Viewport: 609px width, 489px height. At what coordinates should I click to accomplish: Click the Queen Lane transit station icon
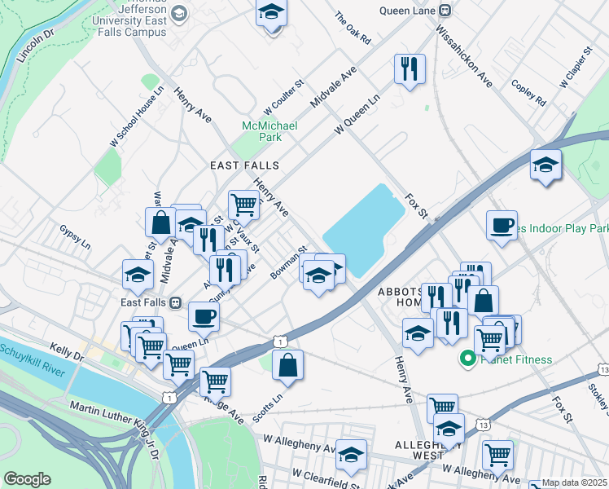point(444,11)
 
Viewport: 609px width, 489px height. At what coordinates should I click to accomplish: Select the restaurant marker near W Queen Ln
point(410,68)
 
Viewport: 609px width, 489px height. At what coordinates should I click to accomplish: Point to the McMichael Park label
point(269,131)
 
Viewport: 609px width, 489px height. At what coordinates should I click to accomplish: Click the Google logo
point(27,478)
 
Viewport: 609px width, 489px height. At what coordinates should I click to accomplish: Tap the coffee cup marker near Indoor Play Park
point(502,225)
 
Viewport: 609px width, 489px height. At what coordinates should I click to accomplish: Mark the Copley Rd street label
point(528,92)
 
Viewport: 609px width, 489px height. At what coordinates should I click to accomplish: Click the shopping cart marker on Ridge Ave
point(215,380)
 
